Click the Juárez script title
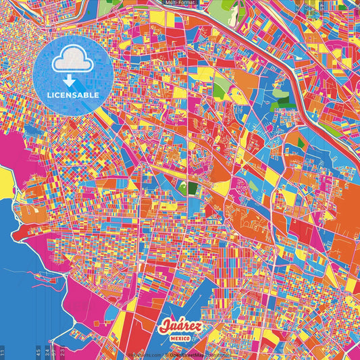[x=180, y=327]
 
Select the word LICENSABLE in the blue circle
[x=73, y=95]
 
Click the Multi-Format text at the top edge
[x=182, y=3]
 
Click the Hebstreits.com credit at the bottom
[x=144, y=355]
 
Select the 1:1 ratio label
[x=3, y=351]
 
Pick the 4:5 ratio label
[x=47, y=351]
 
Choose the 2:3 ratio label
[x=62, y=351]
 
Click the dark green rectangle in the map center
[x=192, y=188]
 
